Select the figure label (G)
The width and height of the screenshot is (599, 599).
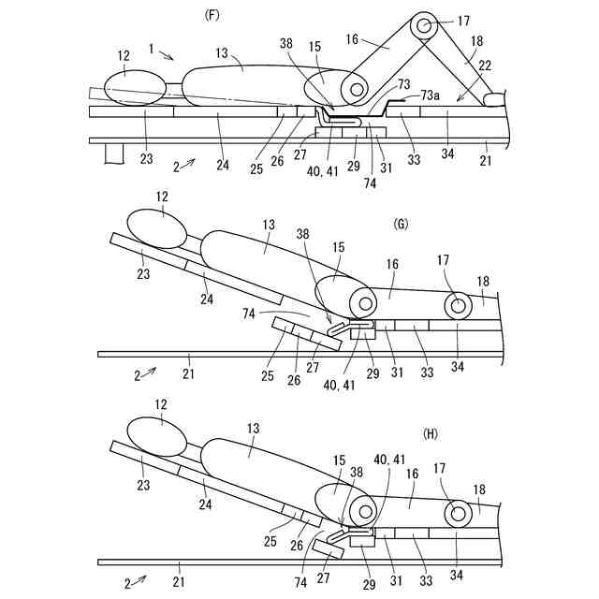402,225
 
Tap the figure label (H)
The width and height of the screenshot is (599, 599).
431,433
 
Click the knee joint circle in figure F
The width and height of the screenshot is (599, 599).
427,25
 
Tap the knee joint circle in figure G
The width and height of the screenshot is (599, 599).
459,305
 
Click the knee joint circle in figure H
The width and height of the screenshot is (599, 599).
459,512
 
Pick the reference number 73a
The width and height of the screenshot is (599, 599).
431,95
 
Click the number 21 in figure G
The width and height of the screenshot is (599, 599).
187,372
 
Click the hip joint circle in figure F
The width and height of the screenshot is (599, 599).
355,91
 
